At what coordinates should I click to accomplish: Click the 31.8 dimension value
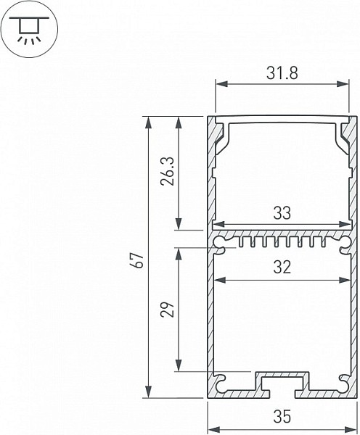pos(282,73)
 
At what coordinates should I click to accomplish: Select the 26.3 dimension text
pos(167,171)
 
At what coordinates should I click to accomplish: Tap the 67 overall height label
pos(139,260)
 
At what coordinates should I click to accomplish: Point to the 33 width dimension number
pos(282,213)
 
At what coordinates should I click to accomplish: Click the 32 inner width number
pos(282,268)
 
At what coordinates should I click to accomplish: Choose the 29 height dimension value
pos(168,309)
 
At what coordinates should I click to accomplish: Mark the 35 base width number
pos(282,417)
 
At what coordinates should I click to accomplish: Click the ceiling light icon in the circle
pos(29,30)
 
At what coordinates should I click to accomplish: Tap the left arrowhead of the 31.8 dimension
pos(221,84)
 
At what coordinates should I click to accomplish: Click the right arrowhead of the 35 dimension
pos(351,429)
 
